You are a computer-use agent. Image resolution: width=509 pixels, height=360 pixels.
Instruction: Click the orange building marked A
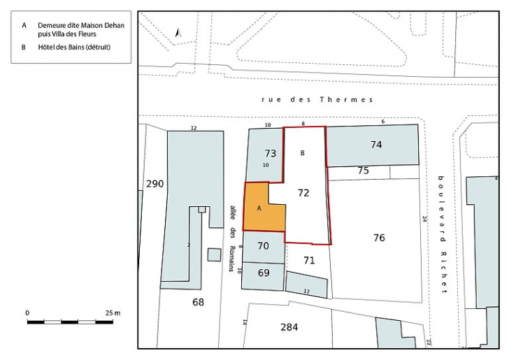(260, 208)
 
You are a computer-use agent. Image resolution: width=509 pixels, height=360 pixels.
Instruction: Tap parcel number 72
(303, 192)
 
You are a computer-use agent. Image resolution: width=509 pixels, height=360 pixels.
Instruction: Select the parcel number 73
(271, 153)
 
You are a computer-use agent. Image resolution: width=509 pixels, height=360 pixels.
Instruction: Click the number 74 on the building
(376, 145)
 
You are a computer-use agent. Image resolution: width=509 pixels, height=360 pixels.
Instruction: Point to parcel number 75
(363, 171)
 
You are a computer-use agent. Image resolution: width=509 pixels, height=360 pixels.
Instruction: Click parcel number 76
(379, 238)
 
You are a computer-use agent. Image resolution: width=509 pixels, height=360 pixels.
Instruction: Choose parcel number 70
(263, 246)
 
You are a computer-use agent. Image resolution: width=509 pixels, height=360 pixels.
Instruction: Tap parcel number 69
(264, 273)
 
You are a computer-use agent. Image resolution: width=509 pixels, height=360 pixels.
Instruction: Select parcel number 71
(309, 261)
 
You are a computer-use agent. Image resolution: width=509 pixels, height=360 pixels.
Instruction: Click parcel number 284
(289, 327)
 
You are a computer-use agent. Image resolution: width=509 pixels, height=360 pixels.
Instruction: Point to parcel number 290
(155, 184)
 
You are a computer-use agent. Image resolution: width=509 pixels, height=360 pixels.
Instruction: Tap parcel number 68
(199, 302)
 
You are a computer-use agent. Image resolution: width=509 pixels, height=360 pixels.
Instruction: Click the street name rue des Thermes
(317, 99)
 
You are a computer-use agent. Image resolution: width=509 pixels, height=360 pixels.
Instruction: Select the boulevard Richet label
(442, 234)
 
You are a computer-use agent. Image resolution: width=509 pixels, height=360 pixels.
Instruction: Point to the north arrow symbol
(178, 32)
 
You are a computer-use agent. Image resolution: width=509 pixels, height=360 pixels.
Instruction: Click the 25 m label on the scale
(113, 312)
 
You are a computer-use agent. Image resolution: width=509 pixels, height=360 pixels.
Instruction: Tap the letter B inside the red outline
(303, 152)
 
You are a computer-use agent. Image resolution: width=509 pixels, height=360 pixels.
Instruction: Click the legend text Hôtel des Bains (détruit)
(75, 48)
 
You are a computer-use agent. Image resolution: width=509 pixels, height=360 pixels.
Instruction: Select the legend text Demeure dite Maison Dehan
(81, 25)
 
